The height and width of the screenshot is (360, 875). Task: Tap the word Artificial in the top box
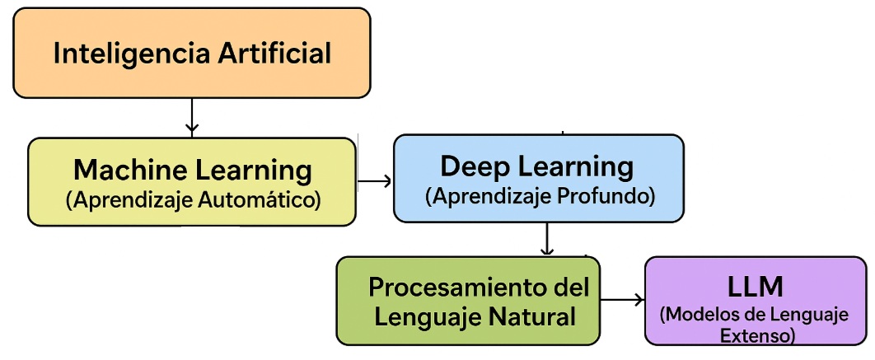pos(275,54)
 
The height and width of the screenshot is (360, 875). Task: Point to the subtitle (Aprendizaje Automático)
pos(193,199)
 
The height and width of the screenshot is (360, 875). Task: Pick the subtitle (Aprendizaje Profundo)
pos(540,196)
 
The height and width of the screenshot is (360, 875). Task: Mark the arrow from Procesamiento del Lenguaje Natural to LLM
pos(622,301)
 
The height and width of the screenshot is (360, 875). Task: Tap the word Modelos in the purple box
pos(703,316)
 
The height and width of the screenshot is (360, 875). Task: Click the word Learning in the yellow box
pos(252,171)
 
